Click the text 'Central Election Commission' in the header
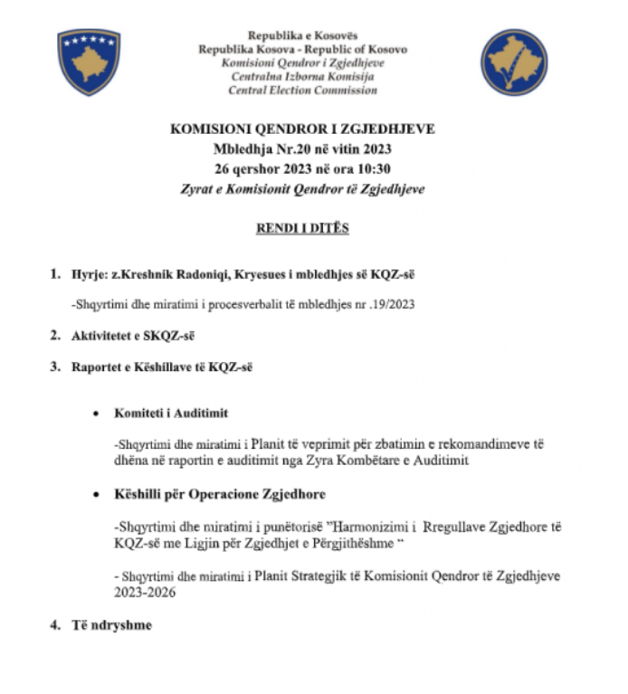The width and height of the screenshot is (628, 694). click(302, 90)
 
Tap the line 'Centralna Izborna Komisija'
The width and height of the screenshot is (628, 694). click(302, 77)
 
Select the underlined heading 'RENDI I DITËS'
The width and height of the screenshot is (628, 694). click(302, 228)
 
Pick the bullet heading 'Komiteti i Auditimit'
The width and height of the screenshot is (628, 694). click(171, 413)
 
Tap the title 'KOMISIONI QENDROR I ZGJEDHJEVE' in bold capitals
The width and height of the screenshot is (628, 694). click(302, 129)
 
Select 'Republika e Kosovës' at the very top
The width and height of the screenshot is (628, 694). click(302, 35)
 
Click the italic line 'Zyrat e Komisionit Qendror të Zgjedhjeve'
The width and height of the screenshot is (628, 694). click(302, 189)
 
